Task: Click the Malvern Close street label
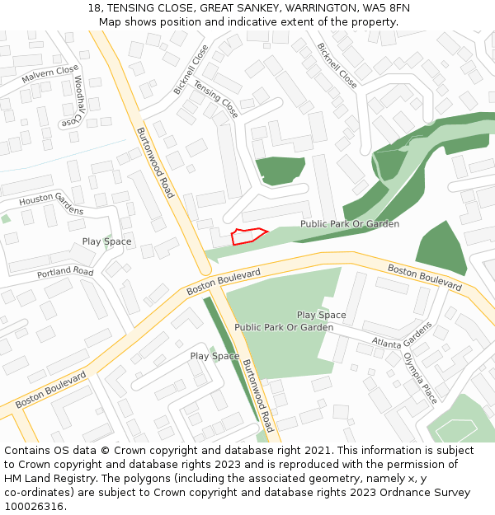[49, 74]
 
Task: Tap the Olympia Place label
[420, 377]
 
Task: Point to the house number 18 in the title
[94, 8]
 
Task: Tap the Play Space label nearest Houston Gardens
[106, 241]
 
